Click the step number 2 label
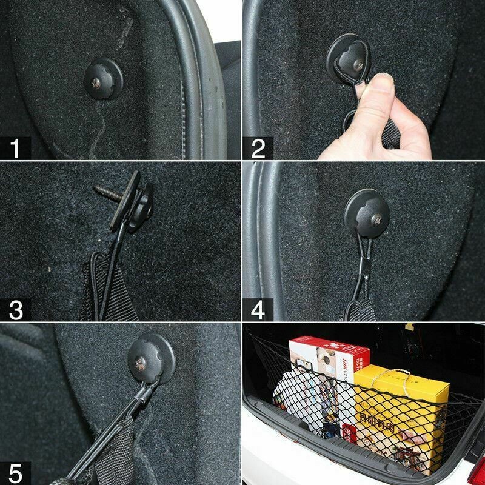click(258, 148)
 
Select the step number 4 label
click(258, 310)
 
